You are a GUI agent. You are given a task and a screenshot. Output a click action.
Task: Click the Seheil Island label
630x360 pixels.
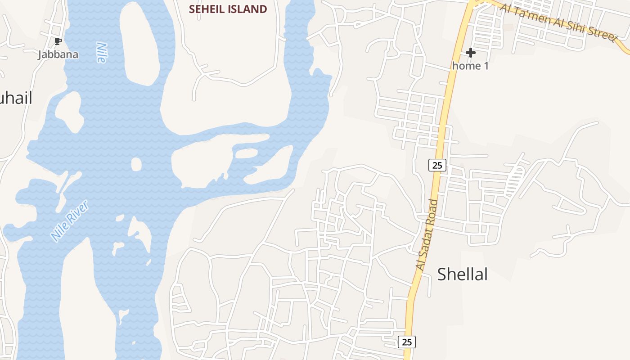click(x=228, y=9)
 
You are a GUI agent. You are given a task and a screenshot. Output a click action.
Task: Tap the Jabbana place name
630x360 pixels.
click(x=58, y=54)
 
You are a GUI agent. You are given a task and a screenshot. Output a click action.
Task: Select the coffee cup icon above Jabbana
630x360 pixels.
click(x=58, y=41)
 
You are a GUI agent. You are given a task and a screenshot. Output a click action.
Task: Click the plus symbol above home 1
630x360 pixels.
click(x=471, y=53)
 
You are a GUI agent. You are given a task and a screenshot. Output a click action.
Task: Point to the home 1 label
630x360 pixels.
click(x=470, y=66)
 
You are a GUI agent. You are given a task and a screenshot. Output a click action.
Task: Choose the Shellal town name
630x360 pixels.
click(x=462, y=274)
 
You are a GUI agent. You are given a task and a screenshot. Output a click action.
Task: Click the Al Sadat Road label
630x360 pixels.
click(x=427, y=235)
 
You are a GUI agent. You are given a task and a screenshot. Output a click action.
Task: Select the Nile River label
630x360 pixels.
click(x=70, y=220)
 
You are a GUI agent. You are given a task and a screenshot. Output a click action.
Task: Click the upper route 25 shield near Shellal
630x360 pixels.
click(x=437, y=165)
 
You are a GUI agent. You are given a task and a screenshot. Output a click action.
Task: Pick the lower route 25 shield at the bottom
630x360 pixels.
click(x=407, y=342)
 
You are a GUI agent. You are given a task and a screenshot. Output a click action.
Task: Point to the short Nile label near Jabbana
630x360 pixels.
click(x=101, y=52)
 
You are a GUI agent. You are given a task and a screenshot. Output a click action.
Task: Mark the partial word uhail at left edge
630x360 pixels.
click(x=16, y=98)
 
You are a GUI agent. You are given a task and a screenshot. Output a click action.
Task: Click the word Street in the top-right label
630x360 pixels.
click(x=602, y=33)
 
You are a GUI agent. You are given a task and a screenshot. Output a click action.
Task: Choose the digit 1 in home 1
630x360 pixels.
click(x=486, y=66)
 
